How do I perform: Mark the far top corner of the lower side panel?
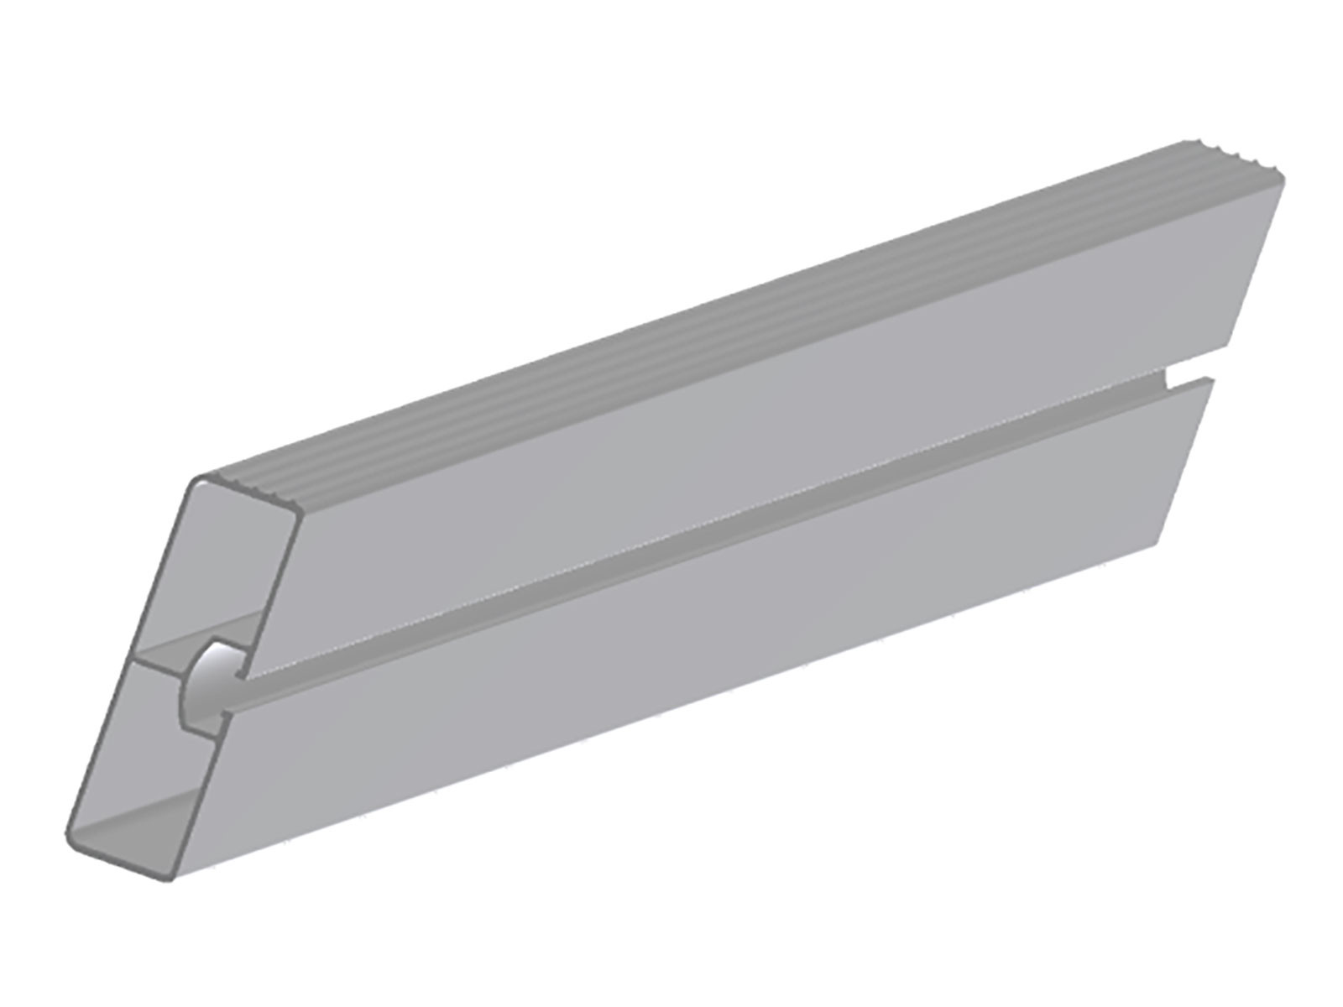tap(1212, 381)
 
